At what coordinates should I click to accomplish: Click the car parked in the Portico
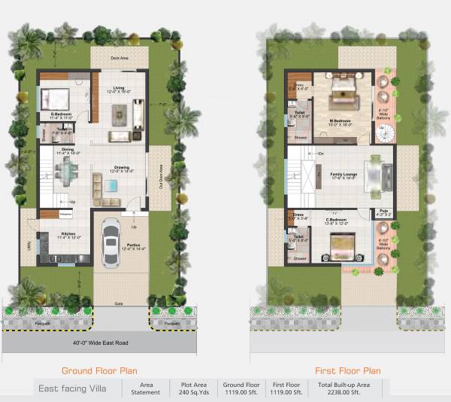click(x=110, y=241)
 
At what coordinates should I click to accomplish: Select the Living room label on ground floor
click(x=119, y=89)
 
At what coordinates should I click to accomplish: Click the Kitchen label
click(x=69, y=235)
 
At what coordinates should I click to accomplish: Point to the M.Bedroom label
click(x=342, y=120)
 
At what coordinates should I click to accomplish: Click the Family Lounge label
click(x=343, y=175)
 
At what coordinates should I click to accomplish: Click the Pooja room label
click(x=383, y=212)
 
